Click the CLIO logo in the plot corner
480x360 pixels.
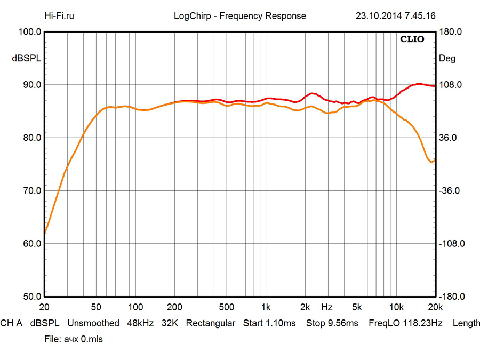tap(412, 39)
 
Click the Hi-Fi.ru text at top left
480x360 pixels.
tap(59, 16)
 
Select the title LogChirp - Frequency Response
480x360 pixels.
tap(240, 16)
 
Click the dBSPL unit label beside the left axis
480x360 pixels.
tap(26, 59)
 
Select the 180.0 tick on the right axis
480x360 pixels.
tap(450, 32)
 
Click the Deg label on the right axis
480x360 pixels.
tap(447, 59)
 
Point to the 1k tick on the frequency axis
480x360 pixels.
tap(266, 307)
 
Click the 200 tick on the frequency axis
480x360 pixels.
tap(175, 307)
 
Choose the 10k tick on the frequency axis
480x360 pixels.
tap(396, 307)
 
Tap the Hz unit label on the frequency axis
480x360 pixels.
tap(327, 307)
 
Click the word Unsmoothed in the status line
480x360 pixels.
tap(93, 323)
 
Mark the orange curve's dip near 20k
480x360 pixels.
tap(431, 162)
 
